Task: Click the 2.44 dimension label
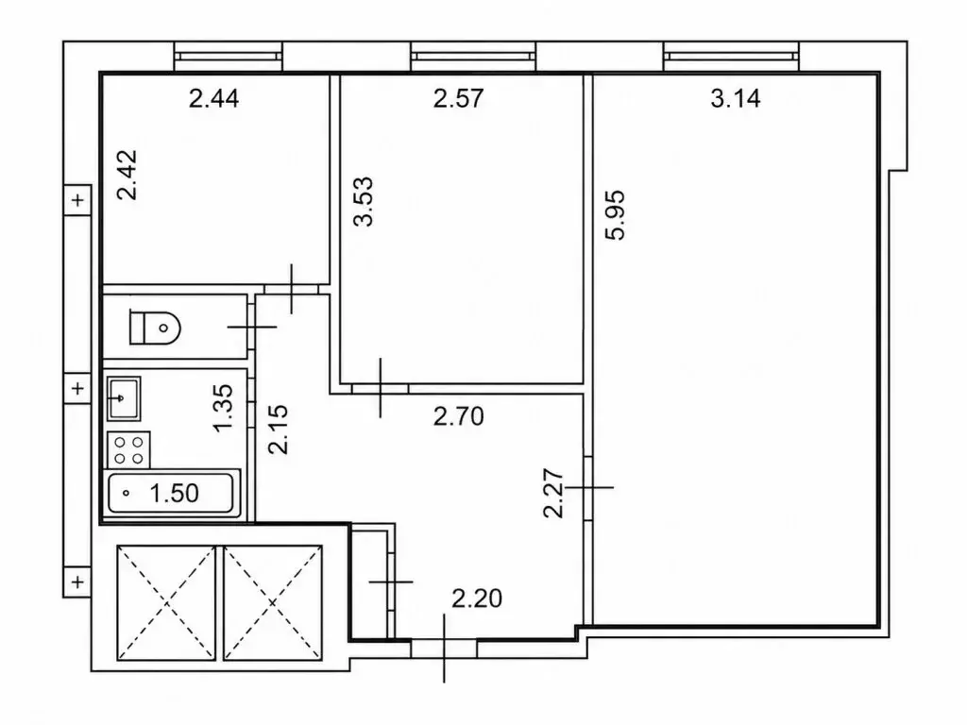click(213, 98)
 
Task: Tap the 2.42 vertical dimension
click(127, 175)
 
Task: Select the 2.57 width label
click(458, 98)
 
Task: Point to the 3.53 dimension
click(364, 202)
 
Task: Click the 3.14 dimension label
click(735, 98)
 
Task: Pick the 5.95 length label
click(615, 215)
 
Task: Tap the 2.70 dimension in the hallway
click(458, 416)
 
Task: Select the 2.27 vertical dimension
click(553, 493)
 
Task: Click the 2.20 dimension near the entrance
click(477, 598)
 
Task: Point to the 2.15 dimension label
click(279, 430)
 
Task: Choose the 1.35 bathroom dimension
click(223, 408)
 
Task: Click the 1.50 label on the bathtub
click(174, 493)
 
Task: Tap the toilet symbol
click(154, 328)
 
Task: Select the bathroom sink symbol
click(124, 398)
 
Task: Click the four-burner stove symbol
click(128, 449)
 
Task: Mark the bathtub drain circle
click(127, 493)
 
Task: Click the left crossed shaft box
click(166, 602)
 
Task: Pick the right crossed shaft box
click(273, 602)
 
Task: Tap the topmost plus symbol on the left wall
click(77, 200)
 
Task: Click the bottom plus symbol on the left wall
click(77, 582)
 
